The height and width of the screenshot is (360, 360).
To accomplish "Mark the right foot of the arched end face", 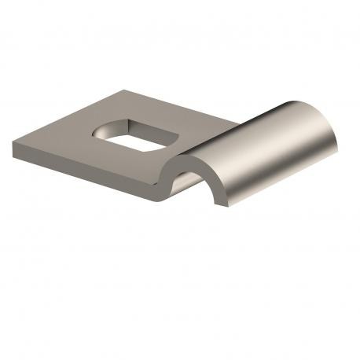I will point(223,205).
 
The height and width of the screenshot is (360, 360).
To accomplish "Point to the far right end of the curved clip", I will point(338,141).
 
